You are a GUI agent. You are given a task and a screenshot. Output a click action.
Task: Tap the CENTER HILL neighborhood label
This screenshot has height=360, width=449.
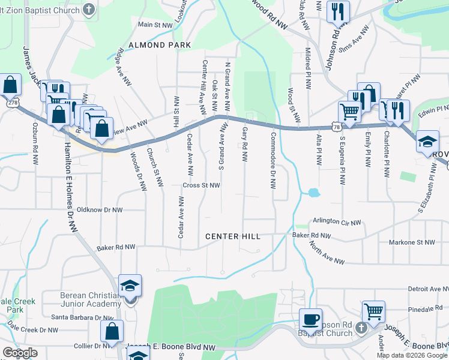click(233, 236)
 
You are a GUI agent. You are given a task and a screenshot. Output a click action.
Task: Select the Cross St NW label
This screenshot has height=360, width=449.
click(202, 185)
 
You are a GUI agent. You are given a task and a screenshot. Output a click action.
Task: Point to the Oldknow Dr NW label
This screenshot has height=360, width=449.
click(100, 210)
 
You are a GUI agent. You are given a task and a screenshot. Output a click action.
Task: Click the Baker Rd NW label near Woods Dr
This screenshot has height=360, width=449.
click(116, 247)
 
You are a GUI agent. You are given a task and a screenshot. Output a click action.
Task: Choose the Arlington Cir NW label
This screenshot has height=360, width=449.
click(336, 222)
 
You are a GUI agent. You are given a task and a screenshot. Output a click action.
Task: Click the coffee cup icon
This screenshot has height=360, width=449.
click(310, 319)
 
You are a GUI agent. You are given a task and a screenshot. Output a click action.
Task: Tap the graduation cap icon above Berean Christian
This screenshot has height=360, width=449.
click(130, 286)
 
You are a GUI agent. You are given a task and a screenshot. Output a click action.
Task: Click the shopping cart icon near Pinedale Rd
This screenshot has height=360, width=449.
click(373, 311)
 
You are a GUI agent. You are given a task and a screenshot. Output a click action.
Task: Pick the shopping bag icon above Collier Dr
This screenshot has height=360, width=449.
click(112, 331)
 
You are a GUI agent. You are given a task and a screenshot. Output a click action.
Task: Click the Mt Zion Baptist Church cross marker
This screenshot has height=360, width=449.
click(89, 10)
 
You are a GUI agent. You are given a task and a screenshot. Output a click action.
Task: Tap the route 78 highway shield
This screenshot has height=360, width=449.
click(336, 127)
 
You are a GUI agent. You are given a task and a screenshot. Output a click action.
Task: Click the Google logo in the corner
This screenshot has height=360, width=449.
click(20, 353)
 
